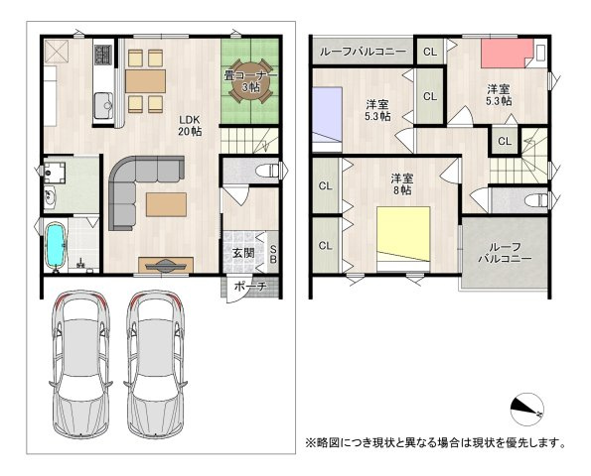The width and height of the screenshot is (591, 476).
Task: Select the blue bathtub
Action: [x=58, y=245]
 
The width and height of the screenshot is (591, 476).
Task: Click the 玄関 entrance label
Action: [x=242, y=253]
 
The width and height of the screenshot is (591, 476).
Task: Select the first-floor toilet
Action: [x=262, y=171]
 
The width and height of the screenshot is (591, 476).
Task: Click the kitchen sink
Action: [x=102, y=102]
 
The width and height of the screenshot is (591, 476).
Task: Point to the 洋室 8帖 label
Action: [x=402, y=185]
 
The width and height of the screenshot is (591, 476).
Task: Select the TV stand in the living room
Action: [x=163, y=265]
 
